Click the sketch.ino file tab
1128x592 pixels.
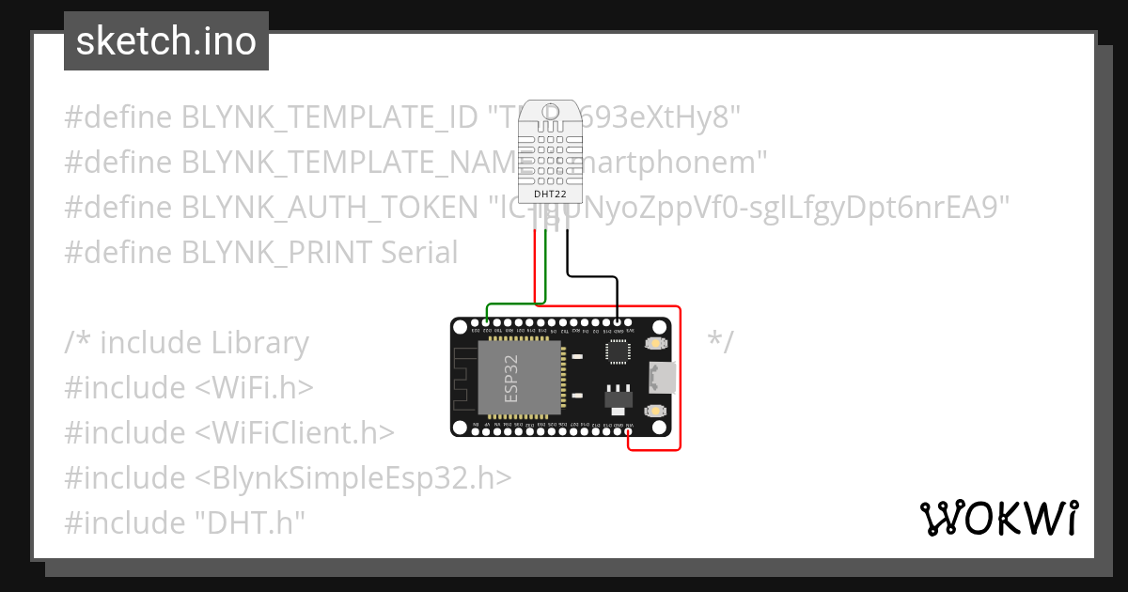click(x=166, y=41)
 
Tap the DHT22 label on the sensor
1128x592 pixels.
click(x=550, y=195)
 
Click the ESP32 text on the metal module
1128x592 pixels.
click(x=512, y=379)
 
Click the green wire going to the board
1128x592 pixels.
click(x=512, y=304)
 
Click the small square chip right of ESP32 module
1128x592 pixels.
click(x=618, y=351)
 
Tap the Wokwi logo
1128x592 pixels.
click(x=998, y=518)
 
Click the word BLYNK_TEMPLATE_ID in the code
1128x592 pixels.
click(x=330, y=117)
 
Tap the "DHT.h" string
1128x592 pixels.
click(x=251, y=523)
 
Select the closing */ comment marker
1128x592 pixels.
click(x=720, y=342)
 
